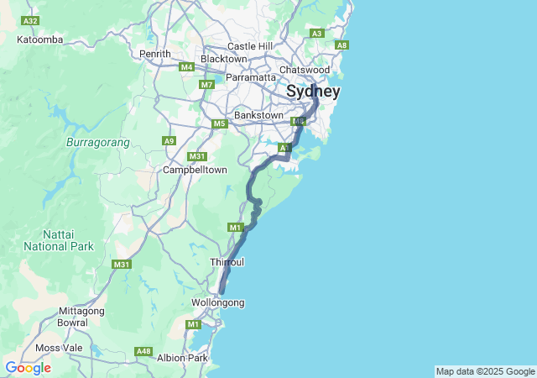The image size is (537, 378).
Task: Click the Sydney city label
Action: click(313, 91)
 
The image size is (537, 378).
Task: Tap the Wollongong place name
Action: click(217, 302)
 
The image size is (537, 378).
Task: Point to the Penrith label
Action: click(155, 54)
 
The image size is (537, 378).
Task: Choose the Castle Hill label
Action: click(250, 45)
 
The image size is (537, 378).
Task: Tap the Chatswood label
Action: click(304, 70)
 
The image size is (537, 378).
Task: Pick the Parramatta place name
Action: click(251, 77)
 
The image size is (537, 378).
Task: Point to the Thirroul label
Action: click(227, 262)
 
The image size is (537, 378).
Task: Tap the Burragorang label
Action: click(97, 143)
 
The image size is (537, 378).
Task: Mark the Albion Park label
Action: click(182, 358)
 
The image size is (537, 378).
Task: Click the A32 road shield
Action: click(31, 20)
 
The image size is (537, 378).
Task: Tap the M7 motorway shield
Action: click(207, 85)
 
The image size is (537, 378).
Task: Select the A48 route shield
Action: click(143, 351)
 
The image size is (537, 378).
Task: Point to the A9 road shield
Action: click(169, 141)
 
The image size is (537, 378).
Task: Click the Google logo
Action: click(28, 368)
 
